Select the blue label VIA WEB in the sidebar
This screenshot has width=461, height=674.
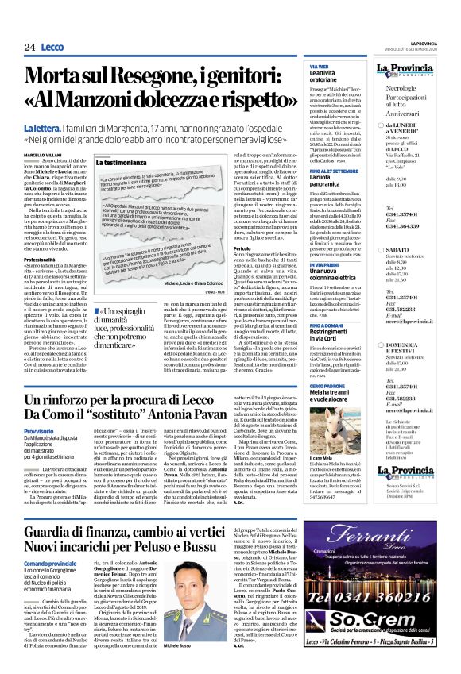click(319, 66)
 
